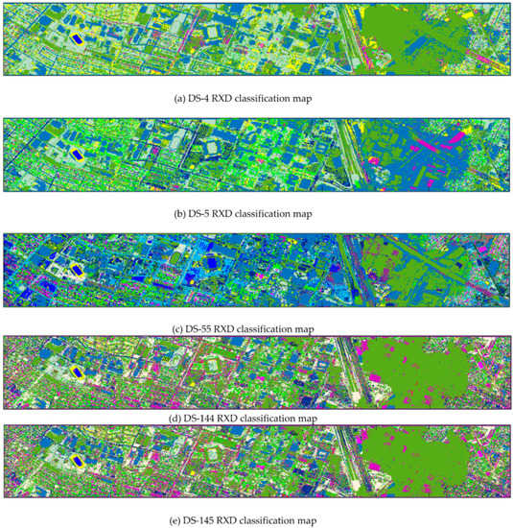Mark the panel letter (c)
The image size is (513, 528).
click(x=174, y=329)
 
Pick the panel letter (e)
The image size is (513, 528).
click(x=174, y=522)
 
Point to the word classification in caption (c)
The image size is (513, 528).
click(x=269, y=329)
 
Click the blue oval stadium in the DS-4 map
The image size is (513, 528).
click(x=75, y=38)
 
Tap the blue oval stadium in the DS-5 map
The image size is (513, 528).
click(x=75, y=154)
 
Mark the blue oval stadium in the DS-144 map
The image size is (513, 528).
click(x=75, y=365)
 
